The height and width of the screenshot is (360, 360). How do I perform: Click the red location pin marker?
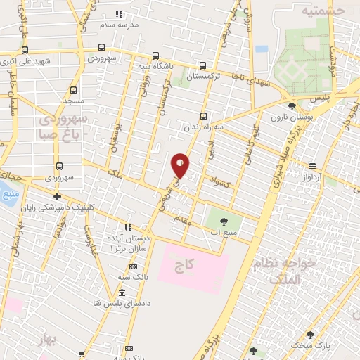pyautogui.click(x=180, y=165)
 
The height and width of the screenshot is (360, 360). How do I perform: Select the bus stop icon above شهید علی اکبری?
pyautogui.click(x=25, y=51)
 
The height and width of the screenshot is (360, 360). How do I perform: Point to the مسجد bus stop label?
pyautogui.click(x=73, y=101)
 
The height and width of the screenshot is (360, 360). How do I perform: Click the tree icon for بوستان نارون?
pyautogui.click(x=292, y=107)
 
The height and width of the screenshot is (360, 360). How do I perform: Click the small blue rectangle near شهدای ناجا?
pyautogui.click(x=262, y=50)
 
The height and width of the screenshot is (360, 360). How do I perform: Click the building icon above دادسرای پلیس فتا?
pyautogui.click(x=122, y=292)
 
